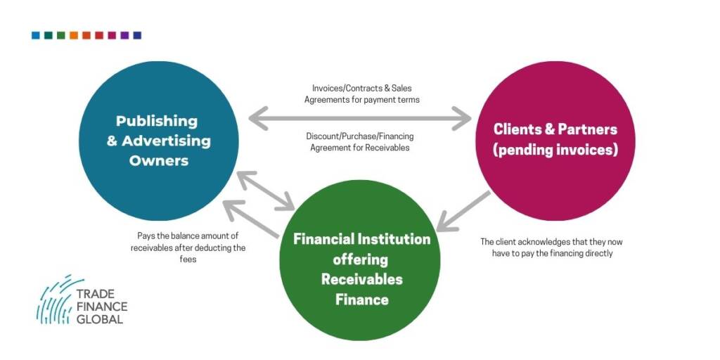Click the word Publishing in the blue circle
coord(157,121)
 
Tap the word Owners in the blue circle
coord(159,161)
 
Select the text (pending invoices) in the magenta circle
coord(555,150)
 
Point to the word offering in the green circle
coord(360,259)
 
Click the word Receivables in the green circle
coord(362,279)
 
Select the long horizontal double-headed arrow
coord(360,118)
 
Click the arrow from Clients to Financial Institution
coord(463,211)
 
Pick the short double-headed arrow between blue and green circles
coord(266,191)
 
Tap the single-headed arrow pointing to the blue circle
coord(251,219)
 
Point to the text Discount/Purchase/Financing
coord(360,136)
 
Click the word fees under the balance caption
coord(188,259)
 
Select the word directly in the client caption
coord(598,253)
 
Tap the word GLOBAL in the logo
coord(100,319)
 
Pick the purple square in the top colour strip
coord(124,35)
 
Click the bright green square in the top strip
coord(61,35)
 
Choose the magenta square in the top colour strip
coord(112,35)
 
